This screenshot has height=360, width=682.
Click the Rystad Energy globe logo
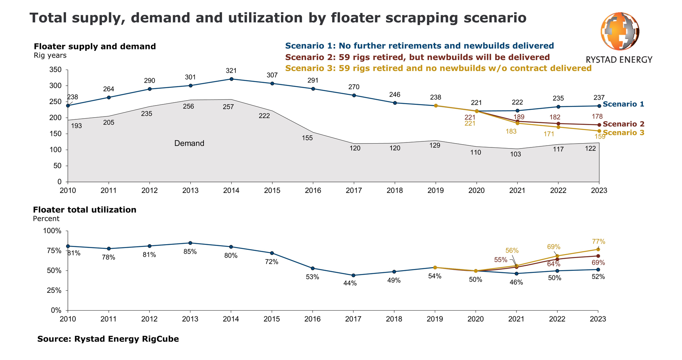tap(619, 31)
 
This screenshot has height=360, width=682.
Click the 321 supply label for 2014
tap(231, 71)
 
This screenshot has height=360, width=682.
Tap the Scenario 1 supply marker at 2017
tap(354, 95)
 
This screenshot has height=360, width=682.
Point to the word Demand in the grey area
tap(189, 143)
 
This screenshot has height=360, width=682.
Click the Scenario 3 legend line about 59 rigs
tap(438, 68)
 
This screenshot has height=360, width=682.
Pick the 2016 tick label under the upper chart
tap(313, 190)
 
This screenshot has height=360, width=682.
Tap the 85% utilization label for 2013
tap(190, 252)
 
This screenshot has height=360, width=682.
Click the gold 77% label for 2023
tap(599, 242)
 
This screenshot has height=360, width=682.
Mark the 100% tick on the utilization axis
tap(52, 231)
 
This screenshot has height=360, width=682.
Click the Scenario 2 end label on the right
tap(623, 124)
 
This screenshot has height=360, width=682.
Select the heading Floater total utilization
tap(85, 210)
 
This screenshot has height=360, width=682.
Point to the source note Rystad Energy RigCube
tap(108, 339)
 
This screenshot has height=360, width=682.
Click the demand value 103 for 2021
tap(515, 154)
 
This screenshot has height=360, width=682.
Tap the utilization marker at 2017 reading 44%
tap(353, 275)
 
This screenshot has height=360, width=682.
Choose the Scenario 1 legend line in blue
tap(420, 46)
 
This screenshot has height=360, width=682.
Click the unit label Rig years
tap(50, 56)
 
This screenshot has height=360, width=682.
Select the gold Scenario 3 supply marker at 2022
tap(558, 127)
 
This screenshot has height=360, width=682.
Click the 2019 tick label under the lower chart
tap(435, 319)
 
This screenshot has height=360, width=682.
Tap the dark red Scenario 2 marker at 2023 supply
tap(599, 125)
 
